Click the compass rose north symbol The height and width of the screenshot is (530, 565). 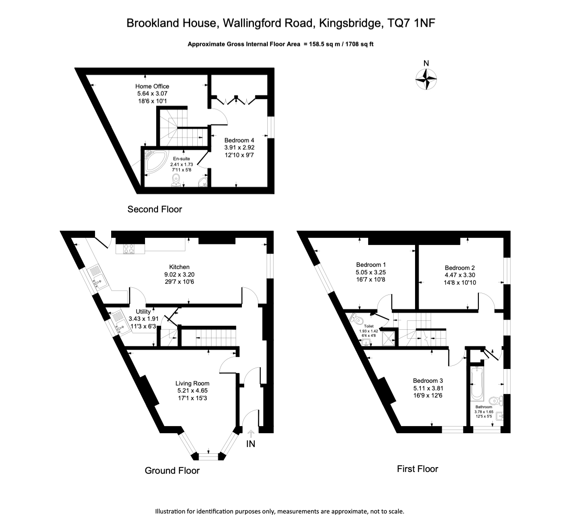426,79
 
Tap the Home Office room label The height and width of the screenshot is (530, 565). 152,86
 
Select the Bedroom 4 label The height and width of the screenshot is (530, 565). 239,141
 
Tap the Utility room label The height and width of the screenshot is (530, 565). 143,312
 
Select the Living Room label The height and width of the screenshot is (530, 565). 192,383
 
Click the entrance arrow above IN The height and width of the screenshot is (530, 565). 250,433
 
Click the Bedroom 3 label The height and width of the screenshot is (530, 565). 428,381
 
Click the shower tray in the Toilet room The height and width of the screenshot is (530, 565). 389,337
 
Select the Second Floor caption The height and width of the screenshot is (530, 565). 155,209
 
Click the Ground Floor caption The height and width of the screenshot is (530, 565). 172,470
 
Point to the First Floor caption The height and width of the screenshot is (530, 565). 417,469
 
